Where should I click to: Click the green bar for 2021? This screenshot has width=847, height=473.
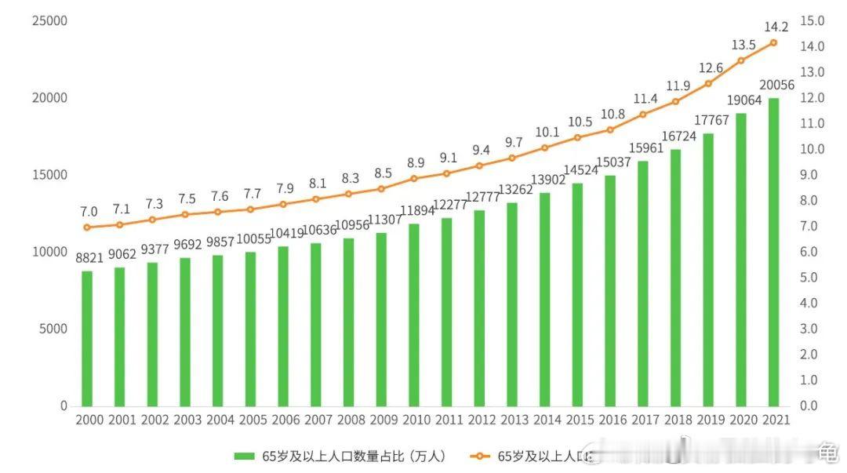tap(773, 251)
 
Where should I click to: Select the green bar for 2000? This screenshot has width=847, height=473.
tap(87, 338)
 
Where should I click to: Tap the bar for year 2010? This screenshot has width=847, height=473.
tap(413, 315)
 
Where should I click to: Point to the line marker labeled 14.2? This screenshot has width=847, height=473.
tap(773, 42)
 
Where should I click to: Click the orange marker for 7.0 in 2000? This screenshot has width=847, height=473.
tap(87, 227)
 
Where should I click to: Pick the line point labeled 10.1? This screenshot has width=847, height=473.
tap(544, 147)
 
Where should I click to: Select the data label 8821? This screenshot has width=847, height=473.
tap(88, 257)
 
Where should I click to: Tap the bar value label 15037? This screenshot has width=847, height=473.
tap(609, 162)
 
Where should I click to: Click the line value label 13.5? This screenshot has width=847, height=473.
tap(740, 44)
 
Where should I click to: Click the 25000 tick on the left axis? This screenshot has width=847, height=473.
tap(49, 21)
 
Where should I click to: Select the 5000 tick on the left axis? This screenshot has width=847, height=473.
tap(53, 329)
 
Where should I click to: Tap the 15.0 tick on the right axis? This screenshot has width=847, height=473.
tap(812, 21)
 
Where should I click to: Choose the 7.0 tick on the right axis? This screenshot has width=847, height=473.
tap(812, 226)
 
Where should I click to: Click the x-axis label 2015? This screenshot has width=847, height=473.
tap(577, 420)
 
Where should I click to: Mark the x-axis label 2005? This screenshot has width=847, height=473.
tap(251, 420)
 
